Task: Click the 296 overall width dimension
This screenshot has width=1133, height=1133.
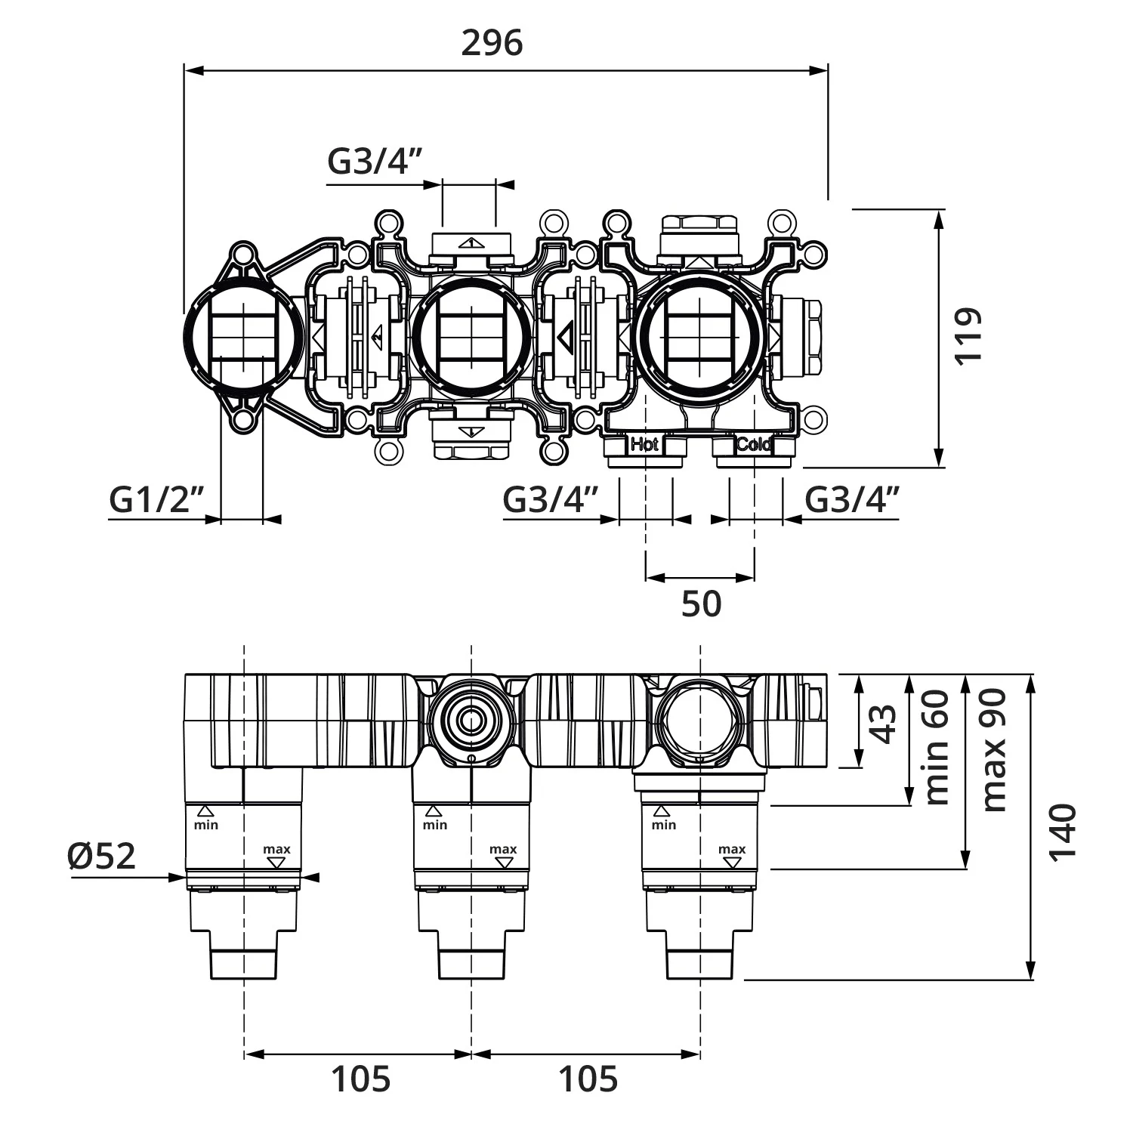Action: coord(492,43)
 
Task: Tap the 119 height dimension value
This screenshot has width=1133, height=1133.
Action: coord(968,336)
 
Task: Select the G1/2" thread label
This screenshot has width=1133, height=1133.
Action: coord(157,500)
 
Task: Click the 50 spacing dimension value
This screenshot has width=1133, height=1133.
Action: coord(701,604)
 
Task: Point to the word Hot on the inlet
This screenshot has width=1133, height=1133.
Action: coord(644,444)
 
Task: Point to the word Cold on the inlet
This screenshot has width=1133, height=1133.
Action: coord(753,444)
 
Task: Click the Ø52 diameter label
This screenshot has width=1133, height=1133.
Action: coord(101,856)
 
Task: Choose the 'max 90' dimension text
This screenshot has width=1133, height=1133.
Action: coord(994,751)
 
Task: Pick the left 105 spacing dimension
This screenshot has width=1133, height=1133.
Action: coord(361,1079)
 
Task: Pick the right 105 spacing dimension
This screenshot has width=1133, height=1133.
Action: coord(588,1079)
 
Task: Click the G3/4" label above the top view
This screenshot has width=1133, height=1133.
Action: coord(374,161)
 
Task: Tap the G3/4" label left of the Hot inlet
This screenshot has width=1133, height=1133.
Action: coord(551,500)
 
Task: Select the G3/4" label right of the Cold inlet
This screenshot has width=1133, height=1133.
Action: coord(852,500)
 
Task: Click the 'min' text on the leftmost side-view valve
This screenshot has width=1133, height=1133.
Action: coord(206,825)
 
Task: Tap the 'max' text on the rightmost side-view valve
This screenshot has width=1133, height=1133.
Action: coord(732,849)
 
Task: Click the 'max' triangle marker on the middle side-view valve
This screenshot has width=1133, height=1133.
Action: coord(503,863)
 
